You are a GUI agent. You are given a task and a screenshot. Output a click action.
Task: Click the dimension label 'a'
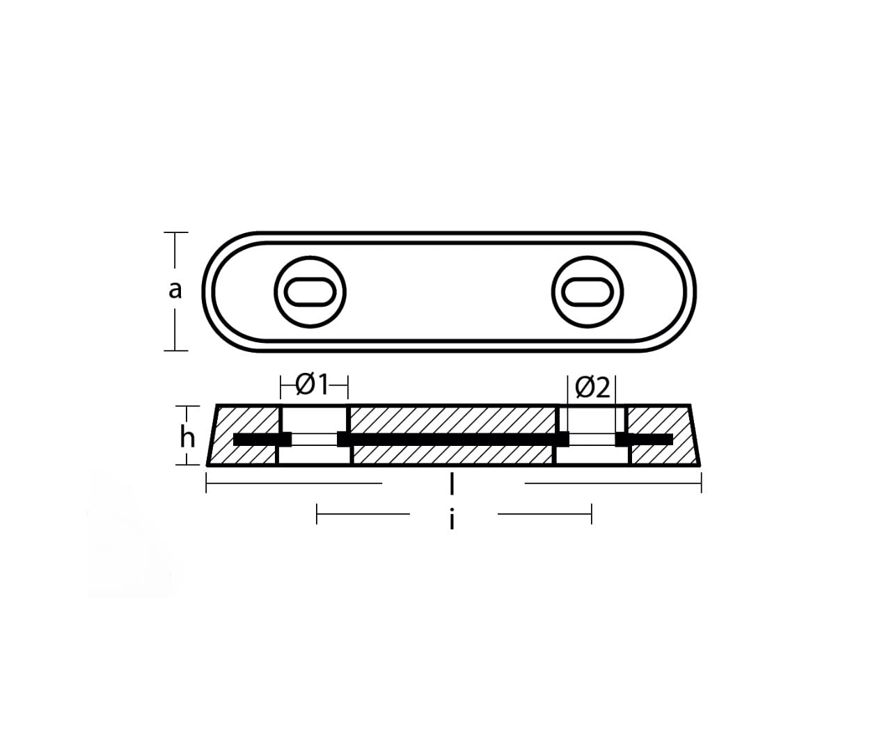(x=175, y=290)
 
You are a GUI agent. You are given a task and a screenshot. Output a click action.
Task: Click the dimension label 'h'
(x=187, y=438)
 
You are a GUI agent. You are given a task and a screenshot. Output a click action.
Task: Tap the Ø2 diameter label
(x=592, y=387)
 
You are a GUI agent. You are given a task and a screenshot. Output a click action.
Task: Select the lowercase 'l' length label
(x=452, y=483)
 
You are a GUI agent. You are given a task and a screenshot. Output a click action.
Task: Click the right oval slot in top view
(x=588, y=291)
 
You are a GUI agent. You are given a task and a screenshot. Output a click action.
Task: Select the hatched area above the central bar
(x=452, y=419)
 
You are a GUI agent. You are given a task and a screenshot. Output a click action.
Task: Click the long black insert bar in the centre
(x=452, y=439)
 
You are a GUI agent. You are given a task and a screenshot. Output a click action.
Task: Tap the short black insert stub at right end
(x=645, y=439)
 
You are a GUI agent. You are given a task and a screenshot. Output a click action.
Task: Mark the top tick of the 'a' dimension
(x=175, y=232)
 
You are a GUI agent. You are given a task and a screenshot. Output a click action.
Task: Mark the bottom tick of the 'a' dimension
(x=175, y=350)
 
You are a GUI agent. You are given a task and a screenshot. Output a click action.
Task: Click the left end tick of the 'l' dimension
(x=207, y=482)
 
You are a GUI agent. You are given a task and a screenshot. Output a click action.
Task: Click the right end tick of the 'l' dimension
(x=701, y=482)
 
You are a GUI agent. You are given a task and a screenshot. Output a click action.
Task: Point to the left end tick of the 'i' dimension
(x=317, y=515)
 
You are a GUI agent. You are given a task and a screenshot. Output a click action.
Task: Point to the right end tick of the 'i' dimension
(x=591, y=515)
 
